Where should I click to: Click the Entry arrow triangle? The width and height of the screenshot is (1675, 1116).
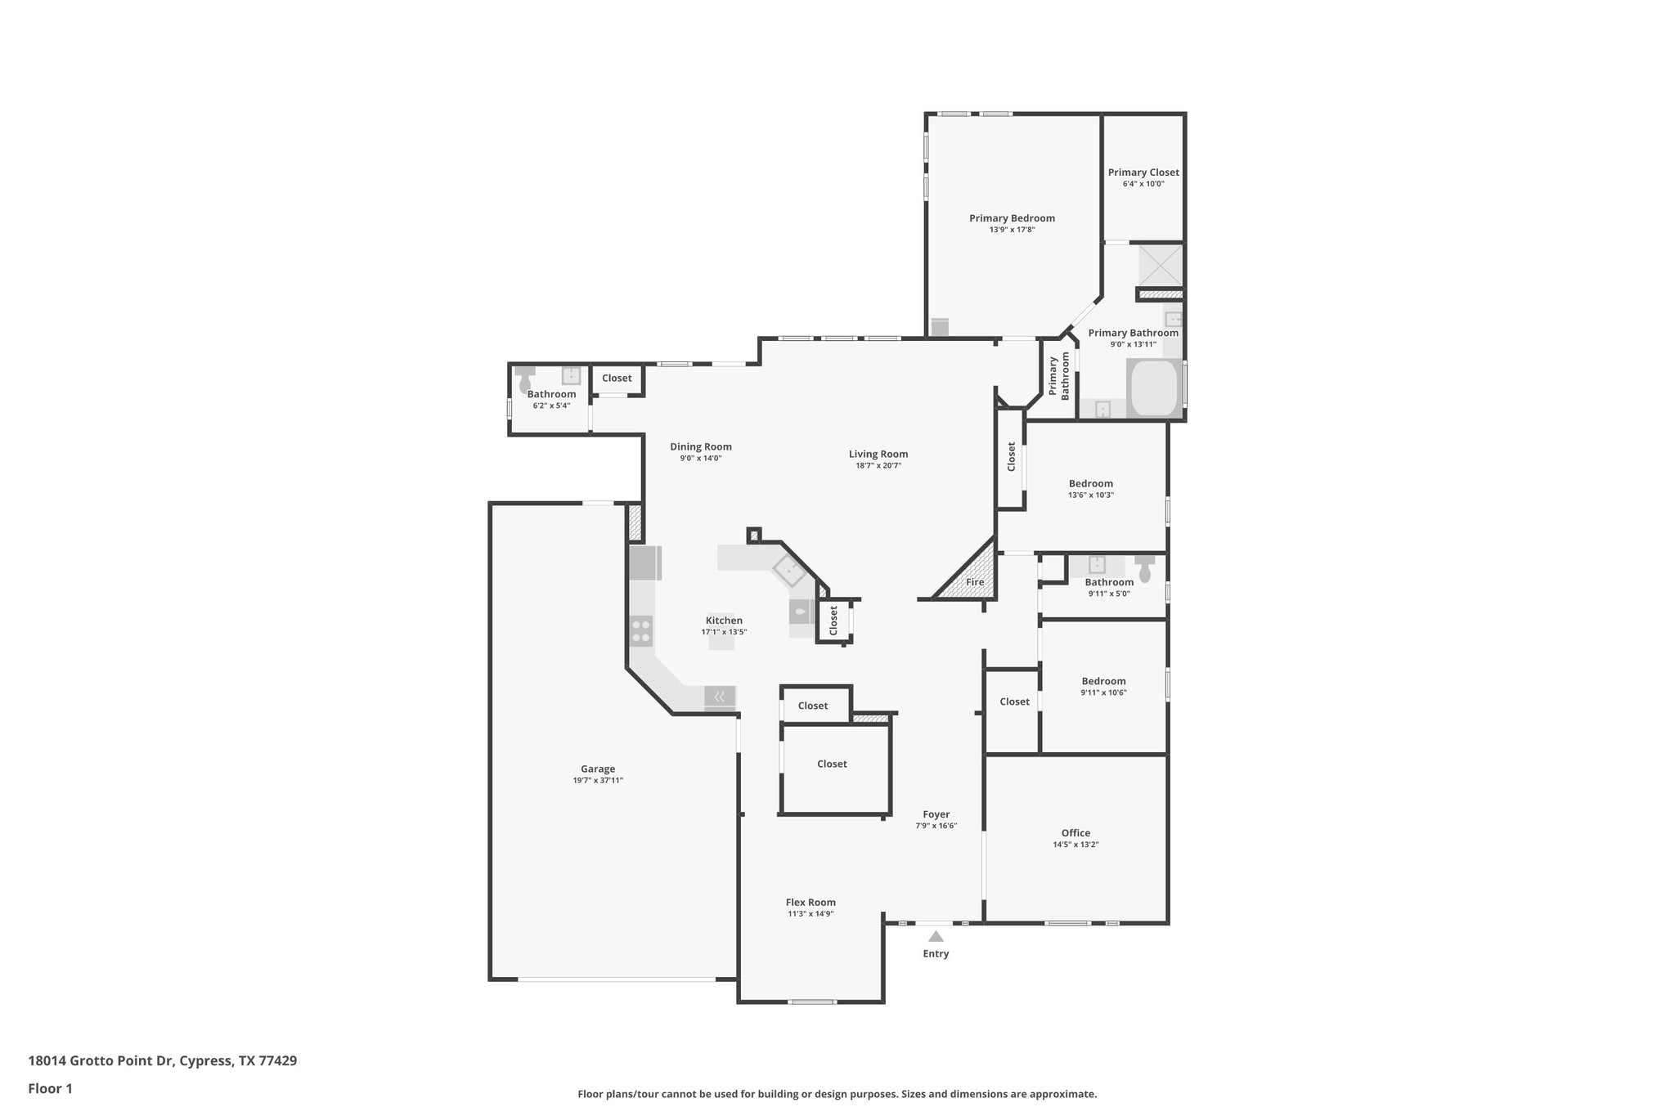point(936,937)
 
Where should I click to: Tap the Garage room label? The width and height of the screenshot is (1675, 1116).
point(598,769)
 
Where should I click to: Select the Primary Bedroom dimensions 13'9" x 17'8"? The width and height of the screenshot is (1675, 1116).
point(1012,230)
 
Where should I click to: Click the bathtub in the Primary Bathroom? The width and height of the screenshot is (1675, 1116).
point(1153,388)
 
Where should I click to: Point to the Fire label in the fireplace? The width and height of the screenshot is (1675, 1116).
point(975,582)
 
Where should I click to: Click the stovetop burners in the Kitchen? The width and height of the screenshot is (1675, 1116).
point(641,631)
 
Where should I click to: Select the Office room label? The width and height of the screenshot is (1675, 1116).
point(1076,833)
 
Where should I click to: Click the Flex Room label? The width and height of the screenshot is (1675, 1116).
point(811,903)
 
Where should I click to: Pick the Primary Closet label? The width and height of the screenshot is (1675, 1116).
point(1143,173)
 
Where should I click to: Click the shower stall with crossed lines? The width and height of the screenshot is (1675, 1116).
point(1161,265)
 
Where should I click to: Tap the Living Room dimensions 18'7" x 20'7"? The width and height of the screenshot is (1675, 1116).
point(878,466)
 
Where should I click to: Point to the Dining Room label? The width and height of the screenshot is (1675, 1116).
point(701,446)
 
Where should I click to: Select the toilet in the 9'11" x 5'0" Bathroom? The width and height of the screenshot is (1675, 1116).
point(1144,568)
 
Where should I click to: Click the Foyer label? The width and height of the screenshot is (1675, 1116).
point(936,814)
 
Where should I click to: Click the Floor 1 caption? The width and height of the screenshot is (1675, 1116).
point(51,1088)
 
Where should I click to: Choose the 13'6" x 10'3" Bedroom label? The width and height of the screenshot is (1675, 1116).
point(1090,483)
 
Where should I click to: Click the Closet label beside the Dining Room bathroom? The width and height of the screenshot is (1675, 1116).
point(617,378)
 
